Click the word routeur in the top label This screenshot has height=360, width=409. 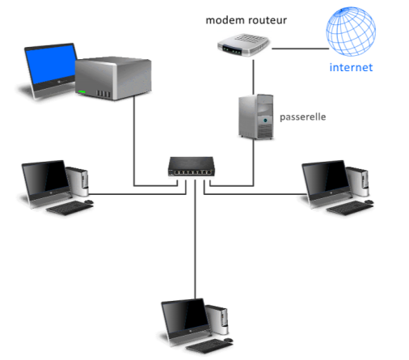[x=267, y=20]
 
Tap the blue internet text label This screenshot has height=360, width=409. [x=351, y=67]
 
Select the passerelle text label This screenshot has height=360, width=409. [x=303, y=117]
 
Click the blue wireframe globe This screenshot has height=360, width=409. [x=351, y=32]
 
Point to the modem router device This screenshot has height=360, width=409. [x=243, y=44]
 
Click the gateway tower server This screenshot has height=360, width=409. [x=256, y=116]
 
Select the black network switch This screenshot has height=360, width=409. [x=192, y=167]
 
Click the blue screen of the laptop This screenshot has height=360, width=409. [x=51, y=64]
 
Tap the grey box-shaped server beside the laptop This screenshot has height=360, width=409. [x=113, y=78]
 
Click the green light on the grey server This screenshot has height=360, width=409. [x=82, y=92]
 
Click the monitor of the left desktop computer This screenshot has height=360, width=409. [x=46, y=180]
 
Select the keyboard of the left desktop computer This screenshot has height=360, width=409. [x=70, y=208]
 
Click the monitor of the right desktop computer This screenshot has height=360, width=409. [x=327, y=180]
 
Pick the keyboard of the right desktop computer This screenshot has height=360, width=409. [x=350, y=208]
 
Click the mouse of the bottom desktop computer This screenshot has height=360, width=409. [x=228, y=340]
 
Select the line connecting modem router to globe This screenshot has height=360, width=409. [x=301, y=49]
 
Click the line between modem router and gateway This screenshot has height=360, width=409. [x=253, y=77]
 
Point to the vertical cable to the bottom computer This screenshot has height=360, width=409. [x=196, y=239]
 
